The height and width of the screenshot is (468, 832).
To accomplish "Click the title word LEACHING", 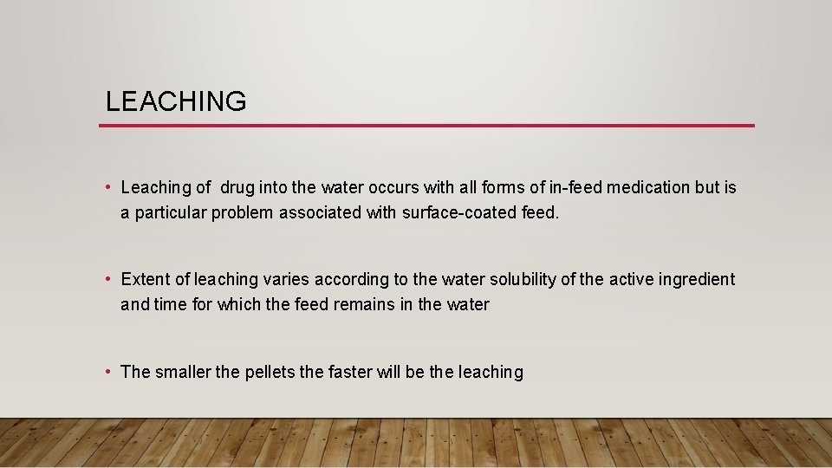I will pos(176,101).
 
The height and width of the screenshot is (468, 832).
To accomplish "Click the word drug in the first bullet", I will pos(237,187).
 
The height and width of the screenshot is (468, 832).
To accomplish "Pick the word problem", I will pos(247,212).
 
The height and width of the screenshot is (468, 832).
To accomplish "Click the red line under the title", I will pos(426,126).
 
